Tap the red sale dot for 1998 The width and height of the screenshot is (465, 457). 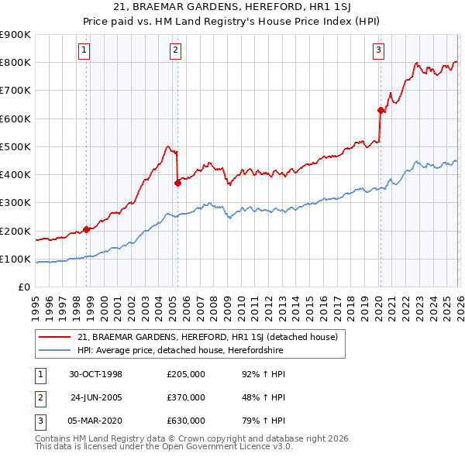pyautogui.click(x=87, y=228)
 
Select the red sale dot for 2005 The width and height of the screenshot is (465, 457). pyautogui.click(x=177, y=183)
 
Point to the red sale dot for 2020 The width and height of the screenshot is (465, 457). pyautogui.click(x=381, y=110)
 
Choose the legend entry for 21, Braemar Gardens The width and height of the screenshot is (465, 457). pyautogui.click(x=207, y=337)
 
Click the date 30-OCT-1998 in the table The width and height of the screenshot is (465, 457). pyautogui.click(x=96, y=374)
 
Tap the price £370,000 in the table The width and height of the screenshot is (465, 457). pyautogui.click(x=186, y=397)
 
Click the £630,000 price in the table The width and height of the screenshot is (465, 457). pyautogui.click(x=186, y=421)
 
